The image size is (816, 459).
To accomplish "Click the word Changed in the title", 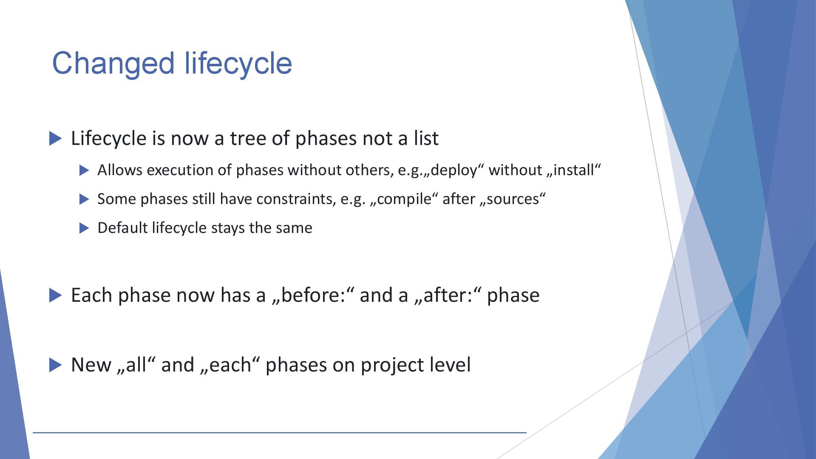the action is [x=113, y=64].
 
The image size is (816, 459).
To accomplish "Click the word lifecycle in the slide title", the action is [x=238, y=64].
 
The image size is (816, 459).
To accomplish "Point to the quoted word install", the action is [x=574, y=170].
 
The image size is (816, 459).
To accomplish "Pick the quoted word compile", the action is [x=404, y=199].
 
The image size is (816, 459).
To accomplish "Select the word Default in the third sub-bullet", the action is [x=123, y=228].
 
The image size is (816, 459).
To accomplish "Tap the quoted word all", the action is [x=136, y=365].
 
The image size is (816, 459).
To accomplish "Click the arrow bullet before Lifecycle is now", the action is [x=56, y=139].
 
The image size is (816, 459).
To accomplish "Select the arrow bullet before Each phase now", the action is [x=56, y=295].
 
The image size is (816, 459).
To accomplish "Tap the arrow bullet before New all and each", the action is [x=56, y=365].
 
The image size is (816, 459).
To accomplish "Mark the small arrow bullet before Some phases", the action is [x=85, y=199].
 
